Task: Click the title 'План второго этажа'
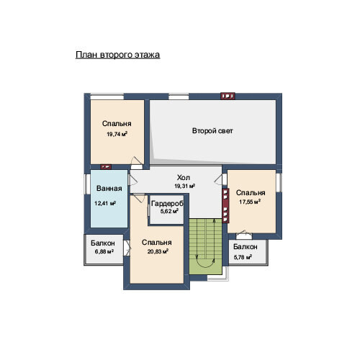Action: [117, 55]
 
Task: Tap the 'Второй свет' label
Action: [212, 131]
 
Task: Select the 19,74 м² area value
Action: [117, 134]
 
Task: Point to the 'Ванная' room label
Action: [109, 189]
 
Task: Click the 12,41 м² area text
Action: [105, 204]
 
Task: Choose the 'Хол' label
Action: [184, 178]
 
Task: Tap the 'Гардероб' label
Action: [167, 204]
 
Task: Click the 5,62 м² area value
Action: [169, 211]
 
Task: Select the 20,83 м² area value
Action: [158, 251]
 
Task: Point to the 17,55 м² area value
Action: [250, 202]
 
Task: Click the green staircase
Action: [205, 246]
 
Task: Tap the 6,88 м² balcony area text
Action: [104, 252]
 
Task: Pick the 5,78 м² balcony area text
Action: [243, 258]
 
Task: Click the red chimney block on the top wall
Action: [228, 96]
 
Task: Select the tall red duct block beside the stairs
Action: [225, 206]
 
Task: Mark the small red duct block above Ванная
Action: [106, 167]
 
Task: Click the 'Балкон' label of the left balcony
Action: [103, 243]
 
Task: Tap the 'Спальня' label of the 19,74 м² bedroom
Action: [117, 124]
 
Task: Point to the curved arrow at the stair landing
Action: [205, 261]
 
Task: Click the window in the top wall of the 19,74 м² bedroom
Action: [107, 96]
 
